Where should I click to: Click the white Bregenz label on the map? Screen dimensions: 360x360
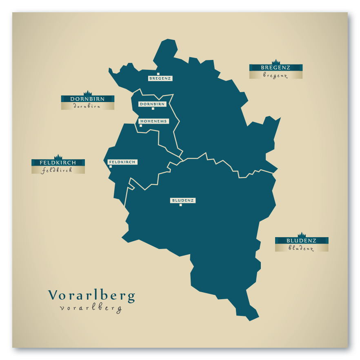[160, 78]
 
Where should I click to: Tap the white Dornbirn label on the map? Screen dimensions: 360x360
[152, 104]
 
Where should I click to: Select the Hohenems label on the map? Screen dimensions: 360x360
[153, 121]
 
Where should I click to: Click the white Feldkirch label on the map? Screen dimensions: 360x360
[122, 162]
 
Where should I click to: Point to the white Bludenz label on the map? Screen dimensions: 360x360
[183, 200]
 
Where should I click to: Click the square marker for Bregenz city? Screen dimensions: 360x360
[158, 74]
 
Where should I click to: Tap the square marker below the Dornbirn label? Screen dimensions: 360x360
[153, 109]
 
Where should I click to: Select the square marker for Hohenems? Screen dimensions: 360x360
[141, 126]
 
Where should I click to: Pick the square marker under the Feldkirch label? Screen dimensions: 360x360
[111, 167]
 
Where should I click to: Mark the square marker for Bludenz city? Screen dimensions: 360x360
[180, 205]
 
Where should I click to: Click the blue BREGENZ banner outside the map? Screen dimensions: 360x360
[276, 67]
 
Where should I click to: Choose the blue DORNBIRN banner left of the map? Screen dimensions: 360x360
[87, 99]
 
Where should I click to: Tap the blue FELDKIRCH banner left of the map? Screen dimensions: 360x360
[58, 162]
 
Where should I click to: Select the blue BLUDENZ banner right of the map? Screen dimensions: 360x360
[302, 240]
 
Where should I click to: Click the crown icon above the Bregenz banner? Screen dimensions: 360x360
[276, 62]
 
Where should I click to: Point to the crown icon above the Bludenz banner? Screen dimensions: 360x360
[302, 235]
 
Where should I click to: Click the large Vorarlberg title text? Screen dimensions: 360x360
[91, 296]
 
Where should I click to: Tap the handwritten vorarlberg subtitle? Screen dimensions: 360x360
[91, 308]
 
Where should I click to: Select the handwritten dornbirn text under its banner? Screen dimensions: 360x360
[87, 106]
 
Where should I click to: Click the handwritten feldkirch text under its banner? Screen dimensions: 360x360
[57, 170]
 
